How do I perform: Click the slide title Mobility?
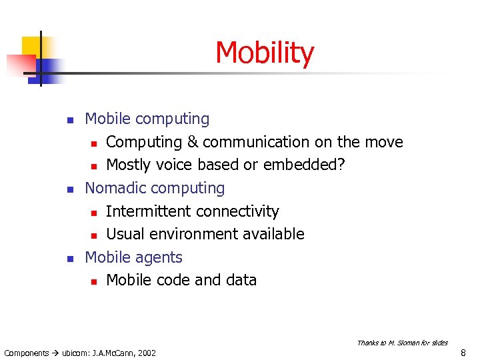265,53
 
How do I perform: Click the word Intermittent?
147,211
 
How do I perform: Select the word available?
273,234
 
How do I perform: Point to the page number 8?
463,352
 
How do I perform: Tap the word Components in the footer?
27,353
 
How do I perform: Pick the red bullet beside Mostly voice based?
94,166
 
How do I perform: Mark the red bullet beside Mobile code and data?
94,281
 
